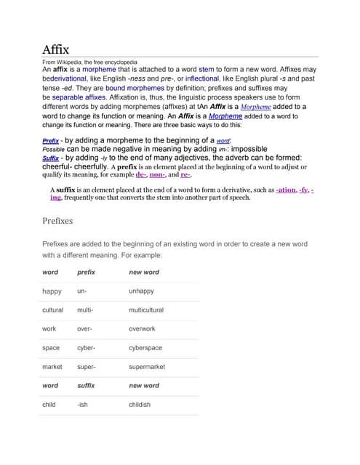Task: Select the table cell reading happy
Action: point(52,291)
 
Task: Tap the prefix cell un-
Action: point(82,291)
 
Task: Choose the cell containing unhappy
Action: point(141,291)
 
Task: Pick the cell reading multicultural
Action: point(151,310)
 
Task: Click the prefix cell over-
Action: point(84,329)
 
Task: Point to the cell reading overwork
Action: point(142,329)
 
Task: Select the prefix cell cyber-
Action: point(86,348)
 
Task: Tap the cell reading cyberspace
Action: point(145,348)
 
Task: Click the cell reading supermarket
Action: point(147,367)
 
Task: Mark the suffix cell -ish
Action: point(82,405)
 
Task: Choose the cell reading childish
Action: point(140,405)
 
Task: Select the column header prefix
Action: point(86,272)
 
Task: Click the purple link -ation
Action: point(286,189)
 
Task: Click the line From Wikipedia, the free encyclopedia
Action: point(89,62)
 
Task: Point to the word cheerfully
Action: point(92,166)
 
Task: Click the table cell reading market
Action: point(52,367)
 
